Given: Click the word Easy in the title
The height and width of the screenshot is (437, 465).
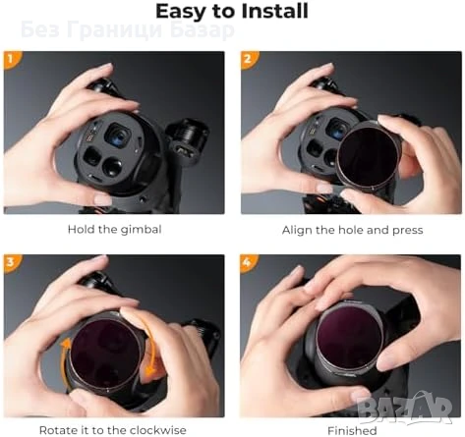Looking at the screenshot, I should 185,12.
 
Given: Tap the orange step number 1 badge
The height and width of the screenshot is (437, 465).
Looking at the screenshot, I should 11,58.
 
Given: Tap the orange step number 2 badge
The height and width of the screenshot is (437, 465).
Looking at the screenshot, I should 248,58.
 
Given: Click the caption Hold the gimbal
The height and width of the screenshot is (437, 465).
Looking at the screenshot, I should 113,230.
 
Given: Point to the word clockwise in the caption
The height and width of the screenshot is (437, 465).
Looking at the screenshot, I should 175,430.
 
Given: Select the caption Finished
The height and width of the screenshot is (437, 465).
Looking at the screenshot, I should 351,430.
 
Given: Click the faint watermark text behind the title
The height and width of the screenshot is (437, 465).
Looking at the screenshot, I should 128,28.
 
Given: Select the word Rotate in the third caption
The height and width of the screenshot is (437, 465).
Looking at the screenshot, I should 61,430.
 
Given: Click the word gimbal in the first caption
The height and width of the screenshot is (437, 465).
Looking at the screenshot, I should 140,230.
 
